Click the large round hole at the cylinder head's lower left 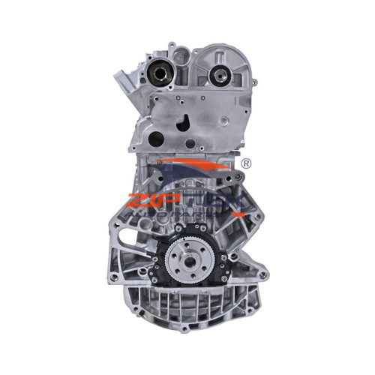(155, 139)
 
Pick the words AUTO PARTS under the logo (187, 214)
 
